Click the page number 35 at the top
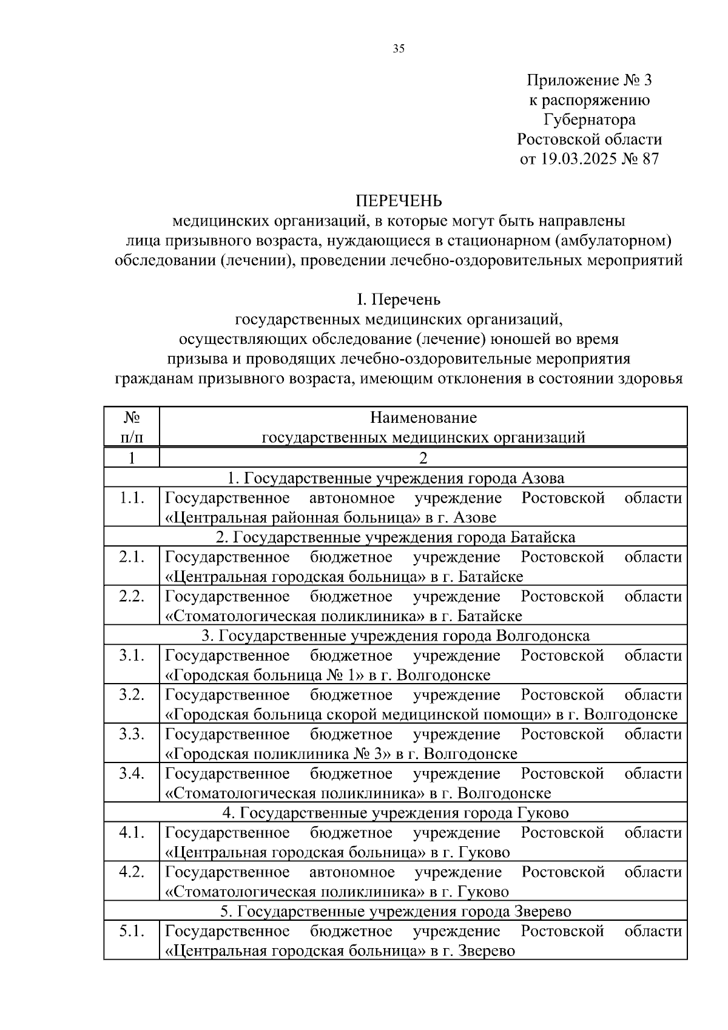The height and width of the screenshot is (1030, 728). (x=399, y=49)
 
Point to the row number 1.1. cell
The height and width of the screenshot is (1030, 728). (x=132, y=499)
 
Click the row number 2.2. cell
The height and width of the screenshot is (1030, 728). (x=132, y=597)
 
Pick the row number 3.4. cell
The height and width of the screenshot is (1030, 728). (x=132, y=774)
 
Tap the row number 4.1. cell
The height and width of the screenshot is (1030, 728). (x=132, y=833)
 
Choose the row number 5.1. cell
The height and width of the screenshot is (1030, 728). (x=132, y=932)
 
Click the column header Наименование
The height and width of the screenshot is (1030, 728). (x=423, y=418)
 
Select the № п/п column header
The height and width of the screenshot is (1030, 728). (x=132, y=428)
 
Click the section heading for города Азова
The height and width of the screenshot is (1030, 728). (x=396, y=479)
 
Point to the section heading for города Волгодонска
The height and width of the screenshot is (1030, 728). (x=396, y=636)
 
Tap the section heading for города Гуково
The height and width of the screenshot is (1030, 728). (x=396, y=813)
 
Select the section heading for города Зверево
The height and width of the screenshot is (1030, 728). (x=396, y=912)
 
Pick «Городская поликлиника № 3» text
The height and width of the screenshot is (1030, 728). (x=277, y=755)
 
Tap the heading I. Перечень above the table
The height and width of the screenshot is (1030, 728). (x=399, y=300)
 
